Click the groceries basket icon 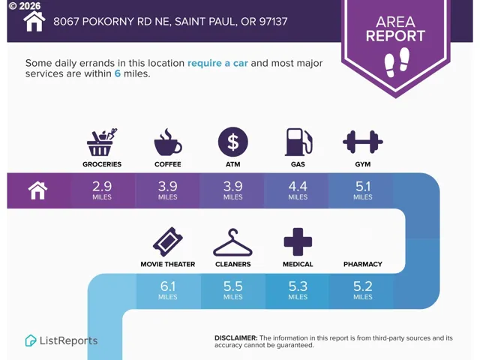click(102, 142)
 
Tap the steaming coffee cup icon click(168, 142)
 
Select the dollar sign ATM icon click(233, 142)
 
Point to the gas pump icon click(298, 142)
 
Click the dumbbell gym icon click(363, 142)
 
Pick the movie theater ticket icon click(168, 241)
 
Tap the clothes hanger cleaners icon click(233, 242)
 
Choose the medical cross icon click(298, 241)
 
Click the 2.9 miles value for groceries click(102, 190)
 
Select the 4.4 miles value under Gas click(298, 190)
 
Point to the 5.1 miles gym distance click(363, 190)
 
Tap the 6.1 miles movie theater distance click(168, 290)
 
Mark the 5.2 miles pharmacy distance click(363, 290)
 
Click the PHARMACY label click(363, 264)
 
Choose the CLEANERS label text click(233, 264)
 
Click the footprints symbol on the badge click(397, 61)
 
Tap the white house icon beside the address click(34, 22)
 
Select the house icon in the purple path click(38, 190)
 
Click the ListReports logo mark click(30, 340)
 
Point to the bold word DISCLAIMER click(236, 338)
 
